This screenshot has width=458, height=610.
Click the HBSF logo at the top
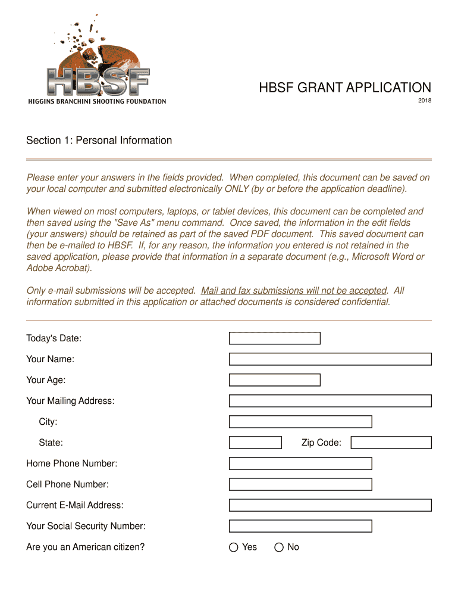point(98,63)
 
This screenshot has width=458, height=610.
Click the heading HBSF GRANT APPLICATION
point(344,88)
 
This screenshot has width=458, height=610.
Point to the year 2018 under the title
point(424,101)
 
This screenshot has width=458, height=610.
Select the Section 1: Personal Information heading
point(99,141)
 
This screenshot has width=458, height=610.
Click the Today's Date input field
point(274,338)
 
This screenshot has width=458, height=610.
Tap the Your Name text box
point(330,359)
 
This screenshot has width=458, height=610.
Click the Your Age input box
point(274,380)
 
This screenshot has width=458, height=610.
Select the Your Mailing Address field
point(330,401)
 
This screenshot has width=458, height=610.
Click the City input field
point(300,422)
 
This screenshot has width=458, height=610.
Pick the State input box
point(255,443)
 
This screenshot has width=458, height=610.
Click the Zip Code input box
point(391,443)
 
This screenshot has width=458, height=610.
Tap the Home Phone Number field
point(300,463)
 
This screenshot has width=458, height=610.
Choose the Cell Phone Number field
point(300,484)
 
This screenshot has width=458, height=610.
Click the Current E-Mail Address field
point(330,505)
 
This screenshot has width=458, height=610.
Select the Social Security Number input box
point(300,526)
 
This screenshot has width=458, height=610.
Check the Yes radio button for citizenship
point(234,547)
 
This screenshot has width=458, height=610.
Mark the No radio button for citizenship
point(279,547)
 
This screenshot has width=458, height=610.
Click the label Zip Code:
point(321,443)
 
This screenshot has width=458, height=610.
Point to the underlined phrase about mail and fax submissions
point(294,291)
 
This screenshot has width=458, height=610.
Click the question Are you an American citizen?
point(85,547)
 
